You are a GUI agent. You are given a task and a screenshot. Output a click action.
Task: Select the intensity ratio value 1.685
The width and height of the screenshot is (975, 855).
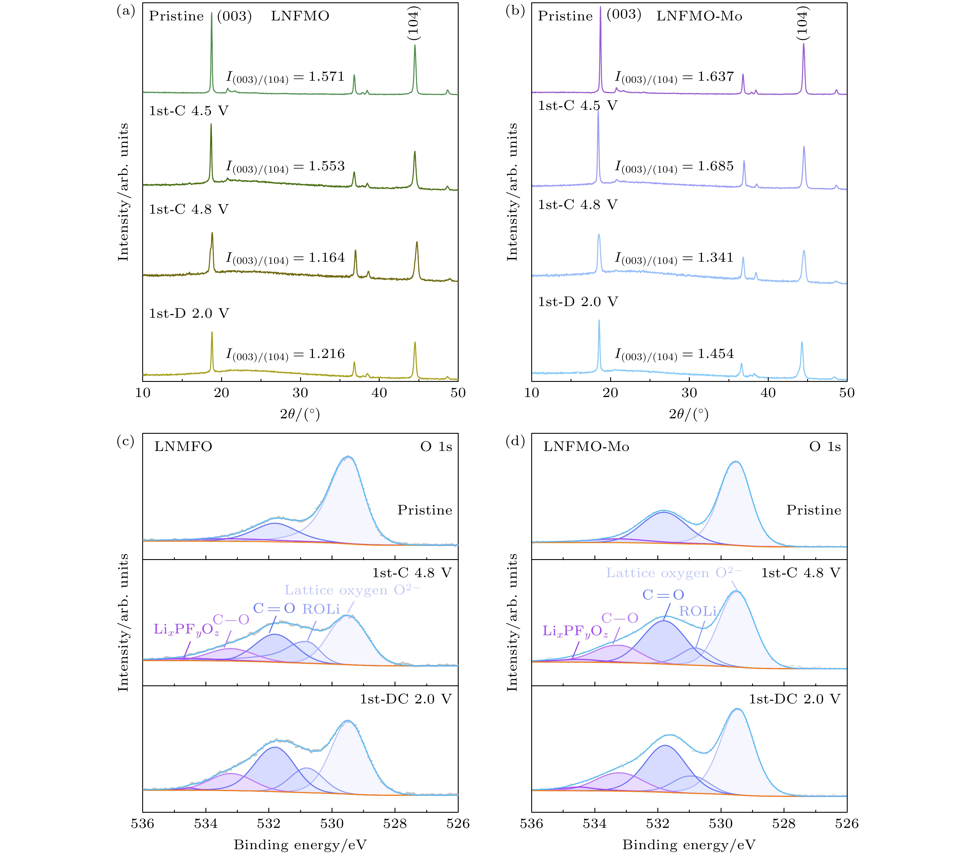(x=715, y=166)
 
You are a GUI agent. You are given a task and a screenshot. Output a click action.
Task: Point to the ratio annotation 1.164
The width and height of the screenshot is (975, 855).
(x=326, y=258)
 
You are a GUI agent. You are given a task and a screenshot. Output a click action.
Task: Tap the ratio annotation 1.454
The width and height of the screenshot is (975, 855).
(x=715, y=354)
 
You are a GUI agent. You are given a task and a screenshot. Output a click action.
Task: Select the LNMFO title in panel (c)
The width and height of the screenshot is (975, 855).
(x=183, y=447)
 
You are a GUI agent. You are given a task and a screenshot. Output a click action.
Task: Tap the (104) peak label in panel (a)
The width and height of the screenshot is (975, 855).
(x=413, y=23)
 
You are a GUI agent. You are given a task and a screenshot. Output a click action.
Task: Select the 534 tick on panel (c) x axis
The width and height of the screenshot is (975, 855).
(x=206, y=824)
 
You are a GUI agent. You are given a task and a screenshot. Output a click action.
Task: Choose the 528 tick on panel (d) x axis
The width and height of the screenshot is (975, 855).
(x=784, y=824)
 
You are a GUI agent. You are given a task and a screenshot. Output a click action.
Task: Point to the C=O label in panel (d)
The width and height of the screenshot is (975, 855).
(x=663, y=594)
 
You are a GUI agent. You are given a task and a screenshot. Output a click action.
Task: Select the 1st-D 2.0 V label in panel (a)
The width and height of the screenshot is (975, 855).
(x=189, y=313)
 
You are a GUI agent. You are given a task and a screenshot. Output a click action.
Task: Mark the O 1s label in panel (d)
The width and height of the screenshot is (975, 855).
(x=825, y=447)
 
